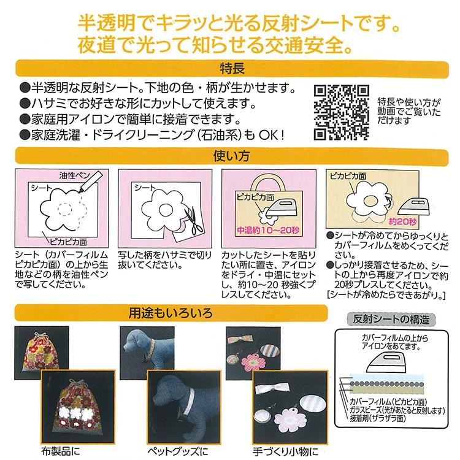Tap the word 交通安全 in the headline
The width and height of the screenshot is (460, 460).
tap(320, 44)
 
